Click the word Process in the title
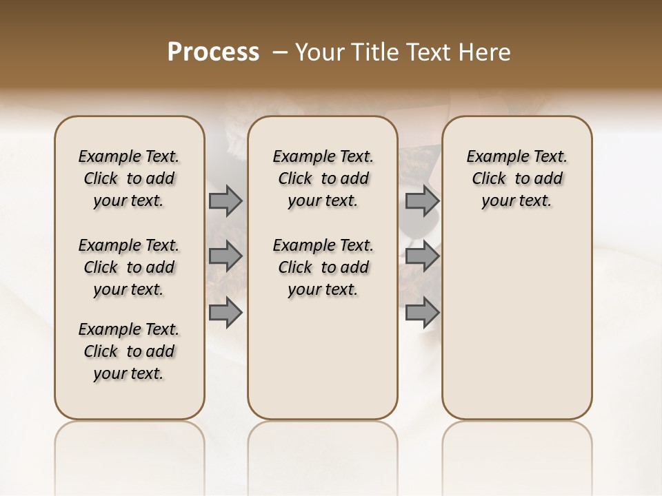tap(213, 52)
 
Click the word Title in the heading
tap(370, 52)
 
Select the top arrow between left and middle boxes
tap(225, 201)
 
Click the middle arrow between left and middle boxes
tap(225, 256)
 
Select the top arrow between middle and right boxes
tap(422, 201)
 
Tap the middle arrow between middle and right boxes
tap(422, 256)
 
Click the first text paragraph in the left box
tap(129, 178)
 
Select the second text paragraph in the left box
tap(129, 267)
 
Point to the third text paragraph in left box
tap(129, 351)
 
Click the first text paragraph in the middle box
tap(323, 178)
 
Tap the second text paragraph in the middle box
tap(323, 267)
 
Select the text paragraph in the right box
tap(516, 178)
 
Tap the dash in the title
tap(279, 52)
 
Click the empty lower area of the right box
tap(516, 324)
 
